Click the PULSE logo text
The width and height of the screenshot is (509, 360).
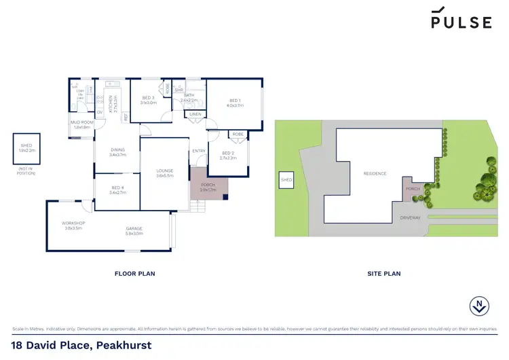461,22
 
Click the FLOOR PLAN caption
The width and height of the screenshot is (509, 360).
136,274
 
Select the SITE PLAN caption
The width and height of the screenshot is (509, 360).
384,274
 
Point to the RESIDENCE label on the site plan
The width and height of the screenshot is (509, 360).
375,174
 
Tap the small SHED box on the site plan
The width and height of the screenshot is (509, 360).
286,180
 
